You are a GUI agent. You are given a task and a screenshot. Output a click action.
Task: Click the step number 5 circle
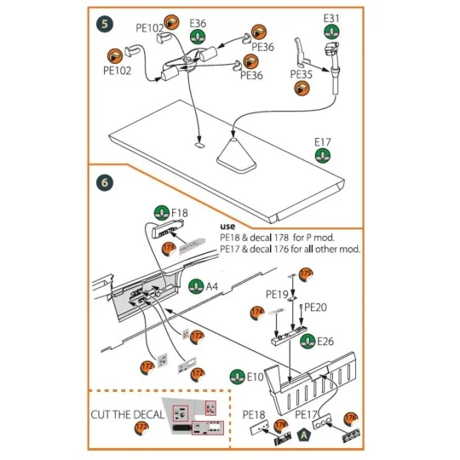(103, 23)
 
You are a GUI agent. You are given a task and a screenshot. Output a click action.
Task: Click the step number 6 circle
(103, 182)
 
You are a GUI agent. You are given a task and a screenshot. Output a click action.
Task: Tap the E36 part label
(198, 23)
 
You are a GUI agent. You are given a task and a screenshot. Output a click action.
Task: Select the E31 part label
(332, 19)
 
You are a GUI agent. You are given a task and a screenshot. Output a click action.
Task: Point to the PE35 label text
(302, 74)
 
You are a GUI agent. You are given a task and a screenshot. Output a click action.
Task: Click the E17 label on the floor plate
(323, 142)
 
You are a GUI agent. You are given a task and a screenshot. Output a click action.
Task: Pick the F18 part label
(180, 212)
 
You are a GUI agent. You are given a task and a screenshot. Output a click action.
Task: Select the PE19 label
(277, 294)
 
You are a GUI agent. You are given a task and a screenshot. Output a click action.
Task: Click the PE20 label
(316, 307)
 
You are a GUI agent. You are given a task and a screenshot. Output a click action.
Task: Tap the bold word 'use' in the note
(230, 226)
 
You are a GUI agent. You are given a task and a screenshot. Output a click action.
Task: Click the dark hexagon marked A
(305, 435)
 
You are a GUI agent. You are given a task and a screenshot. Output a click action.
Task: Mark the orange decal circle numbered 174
(256, 313)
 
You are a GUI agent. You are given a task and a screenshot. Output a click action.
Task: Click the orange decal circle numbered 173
(169, 248)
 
